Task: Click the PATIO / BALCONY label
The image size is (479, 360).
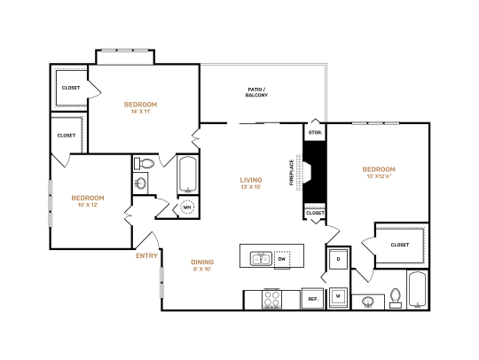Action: point(256,91)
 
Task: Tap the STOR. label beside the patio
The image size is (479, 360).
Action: point(315,132)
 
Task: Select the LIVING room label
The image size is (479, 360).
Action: point(251,180)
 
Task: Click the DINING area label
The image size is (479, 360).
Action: point(203,262)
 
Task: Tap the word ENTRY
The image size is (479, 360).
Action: point(146,255)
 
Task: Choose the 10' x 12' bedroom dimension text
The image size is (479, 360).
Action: point(88,205)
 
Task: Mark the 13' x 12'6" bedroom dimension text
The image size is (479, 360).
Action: point(378,176)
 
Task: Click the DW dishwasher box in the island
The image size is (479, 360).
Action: point(282,259)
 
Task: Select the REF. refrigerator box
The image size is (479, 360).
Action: point(312,299)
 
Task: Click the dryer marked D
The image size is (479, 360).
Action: point(338,259)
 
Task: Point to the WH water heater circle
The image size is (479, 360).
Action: point(188,207)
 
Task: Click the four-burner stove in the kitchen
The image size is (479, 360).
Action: point(271,299)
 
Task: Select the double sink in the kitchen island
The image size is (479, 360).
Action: point(260,258)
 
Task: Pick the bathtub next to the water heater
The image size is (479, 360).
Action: point(188,174)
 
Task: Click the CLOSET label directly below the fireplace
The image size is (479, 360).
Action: point(315,213)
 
